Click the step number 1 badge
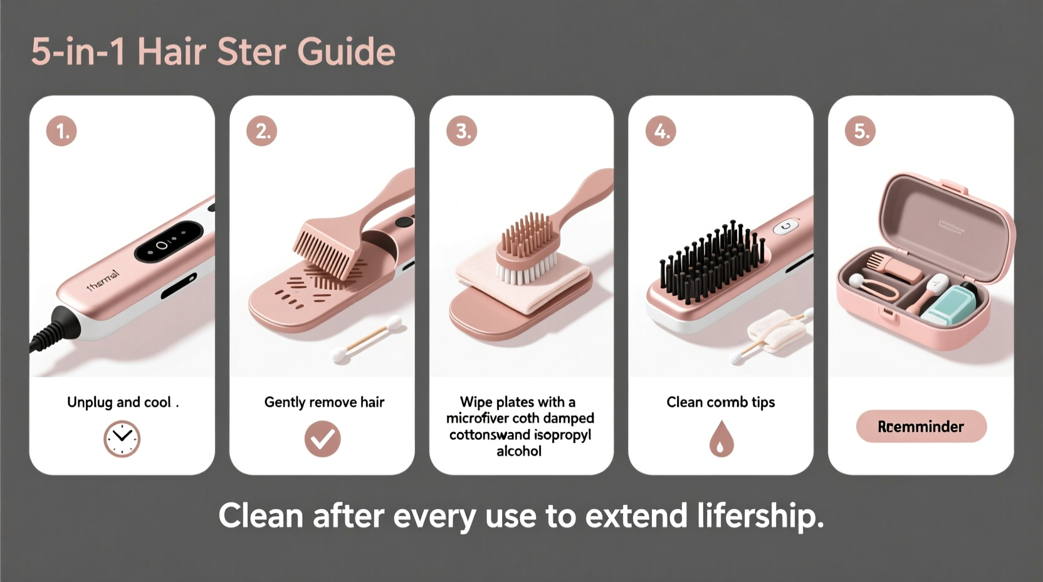coord(61,131)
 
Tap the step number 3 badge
coord(461,131)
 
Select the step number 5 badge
coord(860,131)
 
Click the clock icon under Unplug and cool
coord(122,439)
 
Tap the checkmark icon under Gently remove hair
coord(322,439)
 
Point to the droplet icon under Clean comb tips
coord(721,438)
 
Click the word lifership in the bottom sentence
coord(759,516)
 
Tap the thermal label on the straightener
coord(103,280)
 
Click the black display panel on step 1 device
coord(167,241)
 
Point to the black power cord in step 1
coord(50,332)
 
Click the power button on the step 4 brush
coord(787,226)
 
